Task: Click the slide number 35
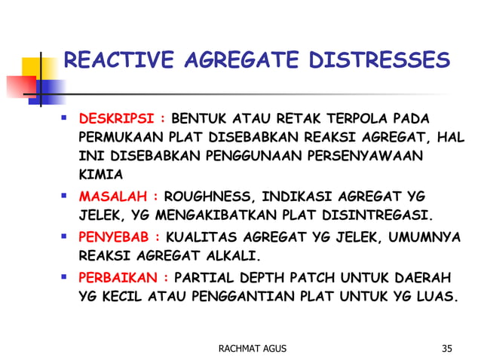click(x=448, y=348)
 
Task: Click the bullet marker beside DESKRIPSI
click(x=66, y=118)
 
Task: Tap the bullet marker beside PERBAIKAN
click(x=66, y=275)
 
